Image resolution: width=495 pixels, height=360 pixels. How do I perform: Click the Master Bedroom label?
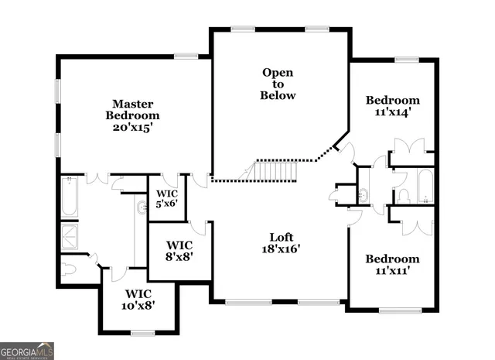pos(133,115)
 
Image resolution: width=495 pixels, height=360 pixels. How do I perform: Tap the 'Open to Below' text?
pos(278,84)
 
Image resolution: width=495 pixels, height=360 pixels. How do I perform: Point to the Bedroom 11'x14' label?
pos(393,105)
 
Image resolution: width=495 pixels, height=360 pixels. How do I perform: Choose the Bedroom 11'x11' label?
pos(393,265)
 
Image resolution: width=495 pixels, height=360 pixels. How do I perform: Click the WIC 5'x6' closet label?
pos(168,199)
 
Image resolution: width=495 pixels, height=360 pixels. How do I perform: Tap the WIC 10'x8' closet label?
pos(140,299)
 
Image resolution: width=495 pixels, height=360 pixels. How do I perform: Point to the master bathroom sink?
pos(141,207)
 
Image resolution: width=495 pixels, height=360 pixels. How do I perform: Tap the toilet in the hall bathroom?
pos(401,194)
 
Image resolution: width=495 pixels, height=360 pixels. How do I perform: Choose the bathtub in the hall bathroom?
pos(426,186)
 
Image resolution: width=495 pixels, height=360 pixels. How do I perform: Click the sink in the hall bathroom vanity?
pos(364,193)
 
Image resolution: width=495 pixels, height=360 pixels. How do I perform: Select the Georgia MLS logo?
pos(27,351)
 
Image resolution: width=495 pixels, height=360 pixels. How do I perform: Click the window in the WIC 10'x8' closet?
pos(142,333)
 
